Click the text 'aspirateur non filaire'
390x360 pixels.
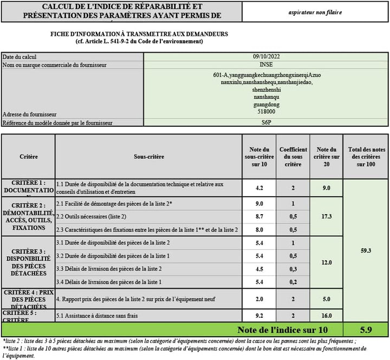tap(315, 11)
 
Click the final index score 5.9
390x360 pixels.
tap(365, 330)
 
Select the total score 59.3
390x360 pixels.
tap(365, 251)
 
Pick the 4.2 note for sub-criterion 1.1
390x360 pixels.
tap(259, 188)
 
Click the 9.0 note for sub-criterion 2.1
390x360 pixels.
tap(259, 204)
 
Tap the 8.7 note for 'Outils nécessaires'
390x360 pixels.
tap(259, 216)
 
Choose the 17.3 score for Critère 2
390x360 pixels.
tap(326, 216)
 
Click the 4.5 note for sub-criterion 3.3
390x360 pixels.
tap(259, 269)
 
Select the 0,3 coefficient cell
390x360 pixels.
tap(292, 269)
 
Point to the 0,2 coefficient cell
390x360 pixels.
tap(292, 282)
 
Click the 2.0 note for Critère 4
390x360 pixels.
tap(259, 299)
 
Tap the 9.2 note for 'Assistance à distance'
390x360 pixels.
tap(259, 314)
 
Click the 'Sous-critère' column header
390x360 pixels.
tap(149, 157)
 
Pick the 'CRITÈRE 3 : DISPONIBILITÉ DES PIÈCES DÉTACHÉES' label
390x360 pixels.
tap(28, 262)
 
